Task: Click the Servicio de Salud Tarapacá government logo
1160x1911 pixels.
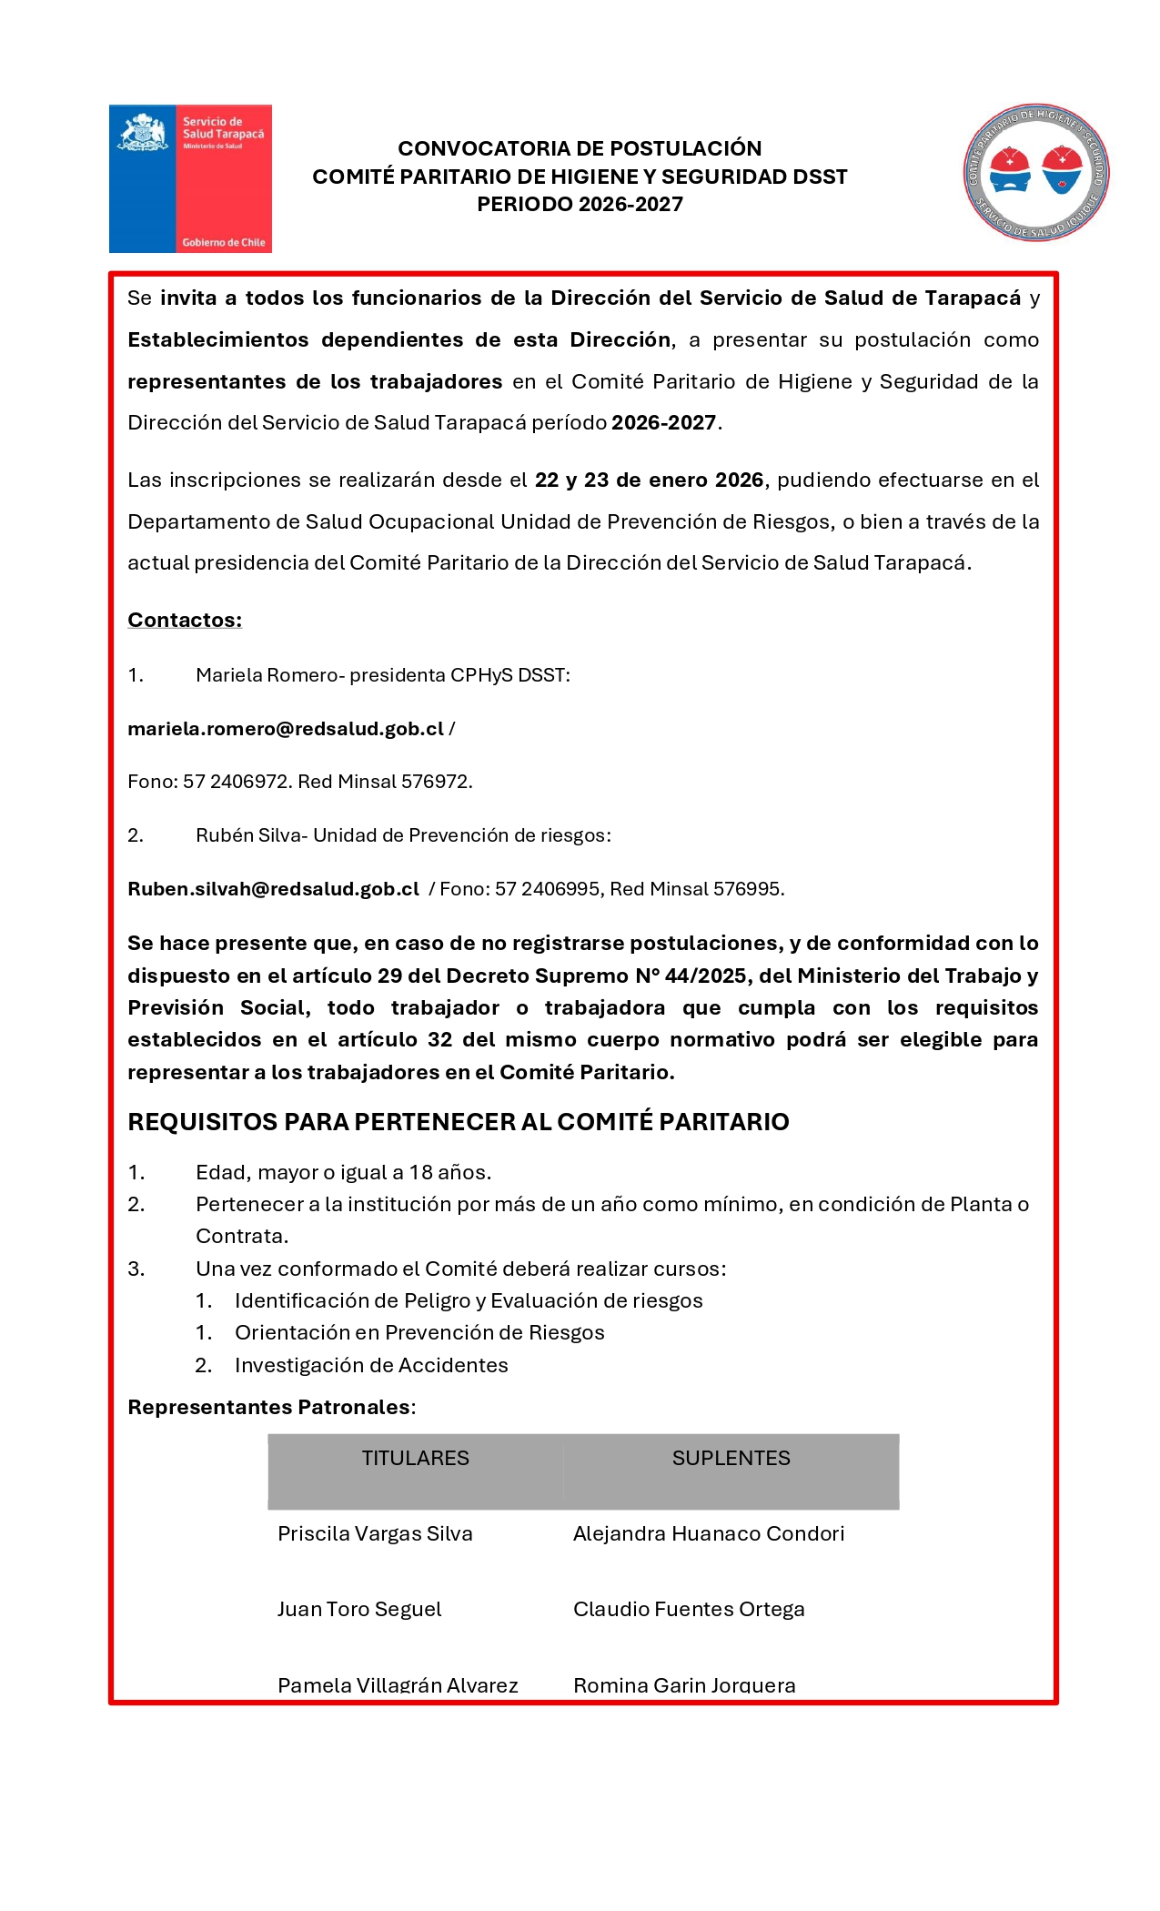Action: point(190,178)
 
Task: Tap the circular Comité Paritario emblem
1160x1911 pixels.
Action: point(1036,172)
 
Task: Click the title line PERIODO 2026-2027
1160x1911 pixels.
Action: point(580,205)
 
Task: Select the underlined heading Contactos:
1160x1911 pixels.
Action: point(185,621)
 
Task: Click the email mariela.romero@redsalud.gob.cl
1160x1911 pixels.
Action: point(286,729)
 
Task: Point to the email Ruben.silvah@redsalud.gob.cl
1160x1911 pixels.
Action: point(273,889)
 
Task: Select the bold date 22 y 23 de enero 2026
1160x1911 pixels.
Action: point(649,480)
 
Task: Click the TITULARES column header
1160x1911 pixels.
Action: point(415,1458)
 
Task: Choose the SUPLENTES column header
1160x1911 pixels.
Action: point(731,1458)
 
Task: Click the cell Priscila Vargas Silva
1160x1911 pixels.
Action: point(375,1533)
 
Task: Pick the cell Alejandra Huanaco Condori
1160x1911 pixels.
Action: point(709,1533)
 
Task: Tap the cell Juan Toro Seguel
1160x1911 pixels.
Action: point(359,1609)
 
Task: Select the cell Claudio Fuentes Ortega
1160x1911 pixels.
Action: point(689,1609)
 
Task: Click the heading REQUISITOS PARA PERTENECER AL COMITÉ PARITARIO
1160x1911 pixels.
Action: point(459,1122)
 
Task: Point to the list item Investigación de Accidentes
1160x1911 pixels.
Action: point(371,1365)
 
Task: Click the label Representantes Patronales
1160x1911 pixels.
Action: point(269,1407)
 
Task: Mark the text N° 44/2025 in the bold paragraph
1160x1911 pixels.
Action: point(694,976)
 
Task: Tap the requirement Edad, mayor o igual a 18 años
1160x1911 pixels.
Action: point(343,1172)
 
